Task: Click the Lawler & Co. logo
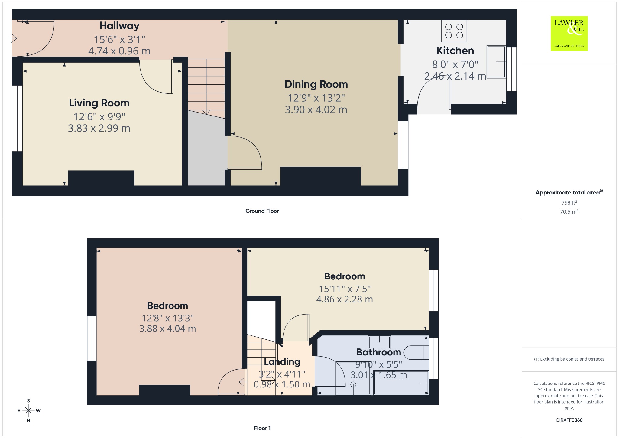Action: (x=569, y=33)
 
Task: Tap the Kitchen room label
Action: (x=455, y=51)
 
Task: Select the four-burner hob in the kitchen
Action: (x=454, y=31)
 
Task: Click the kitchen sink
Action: (x=496, y=62)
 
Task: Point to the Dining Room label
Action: (x=316, y=84)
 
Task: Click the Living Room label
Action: (x=99, y=103)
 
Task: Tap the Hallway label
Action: (x=119, y=26)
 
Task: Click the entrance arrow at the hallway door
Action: (x=12, y=38)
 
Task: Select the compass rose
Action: (x=28, y=410)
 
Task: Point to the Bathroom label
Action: (x=378, y=352)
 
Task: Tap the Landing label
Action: (x=282, y=362)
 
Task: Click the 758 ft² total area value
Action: (x=569, y=203)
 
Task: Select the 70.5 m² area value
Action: (x=569, y=211)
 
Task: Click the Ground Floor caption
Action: (x=262, y=211)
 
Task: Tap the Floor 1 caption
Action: (x=262, y=428)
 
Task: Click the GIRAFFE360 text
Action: (x=569, y=420)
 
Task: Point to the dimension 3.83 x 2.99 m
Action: (x=99, y=128)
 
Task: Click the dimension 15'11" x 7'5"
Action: (x=345, y=289)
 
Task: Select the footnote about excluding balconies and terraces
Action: (x=569, y=359)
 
